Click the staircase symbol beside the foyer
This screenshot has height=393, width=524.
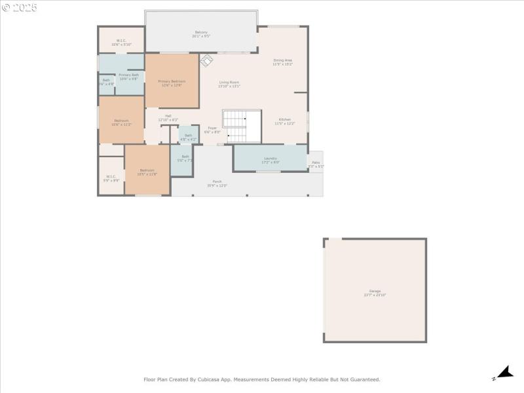(x=236, y=126)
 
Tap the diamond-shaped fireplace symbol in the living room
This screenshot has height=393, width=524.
(x=206, y=60)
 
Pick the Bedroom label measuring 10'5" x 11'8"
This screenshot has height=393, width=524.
(x=146, y=172)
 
